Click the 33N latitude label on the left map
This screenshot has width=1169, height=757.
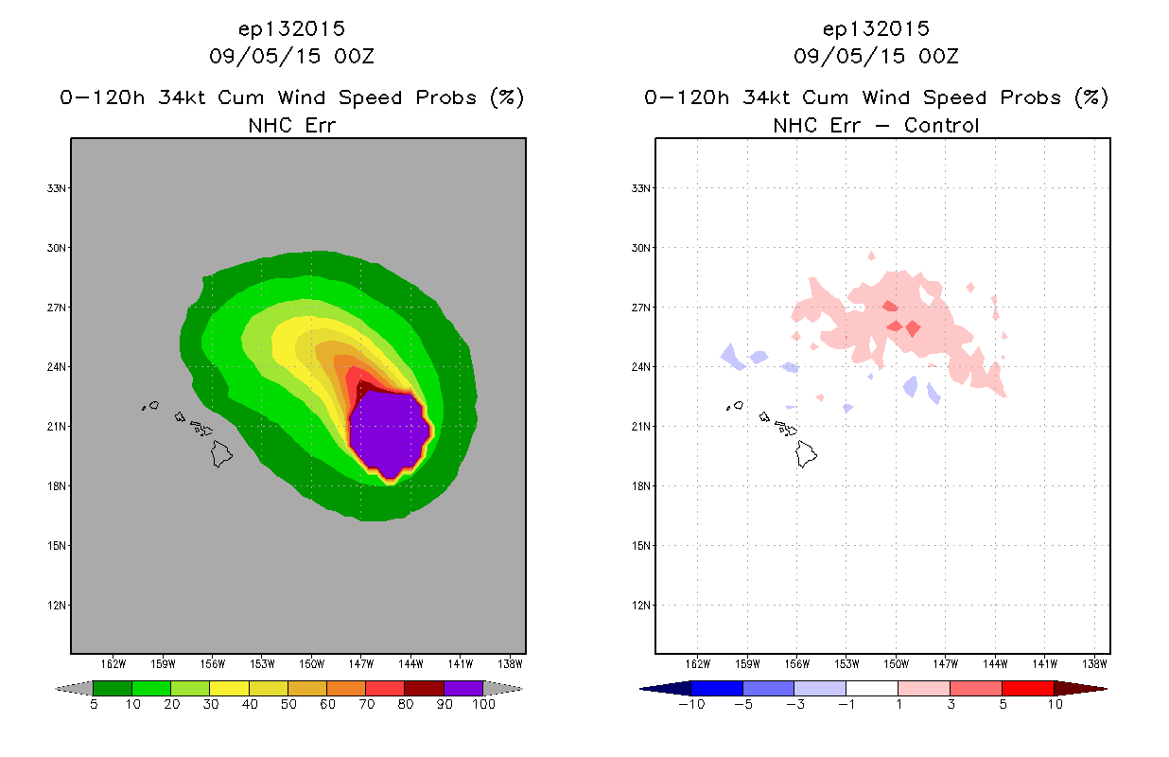pyautogui.click(x=57, y=188)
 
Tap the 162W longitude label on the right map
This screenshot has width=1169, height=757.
pyautogui.click(x=698, y=664)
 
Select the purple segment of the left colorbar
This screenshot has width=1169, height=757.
pyautogui.click(x=463, y=688)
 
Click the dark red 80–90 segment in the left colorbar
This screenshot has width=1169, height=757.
pyautogui.click(x=425, y=688)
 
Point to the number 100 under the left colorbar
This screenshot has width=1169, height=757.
pyautogui.click(x=483, y=704)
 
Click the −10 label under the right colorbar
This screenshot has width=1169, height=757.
pyautogui.click(x=691, y=704)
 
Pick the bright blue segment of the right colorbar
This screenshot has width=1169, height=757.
pyautogui.click(x=717, y=688)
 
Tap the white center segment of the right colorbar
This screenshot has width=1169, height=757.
pyautogui.click(x=871, y=688)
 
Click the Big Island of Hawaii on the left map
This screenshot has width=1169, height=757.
pyautogui.click(x=221, y=453)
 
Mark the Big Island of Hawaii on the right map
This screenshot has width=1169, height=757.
pyautogui.click(x=806, y=453)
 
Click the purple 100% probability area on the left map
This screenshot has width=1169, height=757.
pyautogui.click(x=389, y=432)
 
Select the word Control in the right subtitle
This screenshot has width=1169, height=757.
pyautogui.click(x=941, y=125)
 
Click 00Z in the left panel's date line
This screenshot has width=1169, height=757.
pyautogui.click(x=354, y=57)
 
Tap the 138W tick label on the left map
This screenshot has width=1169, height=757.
pyautogui.click(x=510, y=664)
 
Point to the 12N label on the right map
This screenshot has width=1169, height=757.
pyautogui.click(x=641, y=606)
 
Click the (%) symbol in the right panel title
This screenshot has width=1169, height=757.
pyautogui.click(x=1091, y=97)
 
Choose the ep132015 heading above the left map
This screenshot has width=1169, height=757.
pyautogui.click(x=291, y=29)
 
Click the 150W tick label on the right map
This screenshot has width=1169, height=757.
pyautogui.click(x=896, y=664)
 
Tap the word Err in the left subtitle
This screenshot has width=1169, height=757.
pyautogui.click(x=320, y=125)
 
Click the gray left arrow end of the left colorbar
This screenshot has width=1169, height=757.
pyautogui.click(x=74, y=689)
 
